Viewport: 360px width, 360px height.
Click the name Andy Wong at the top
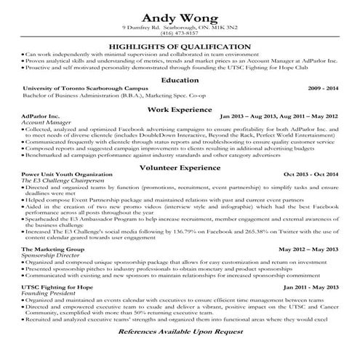point(180,17)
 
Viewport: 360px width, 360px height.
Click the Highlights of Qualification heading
point(180,46)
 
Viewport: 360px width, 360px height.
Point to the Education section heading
point(180,80)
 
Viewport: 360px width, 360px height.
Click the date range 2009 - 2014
point(323,89)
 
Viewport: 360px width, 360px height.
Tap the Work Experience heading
point(180,108)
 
